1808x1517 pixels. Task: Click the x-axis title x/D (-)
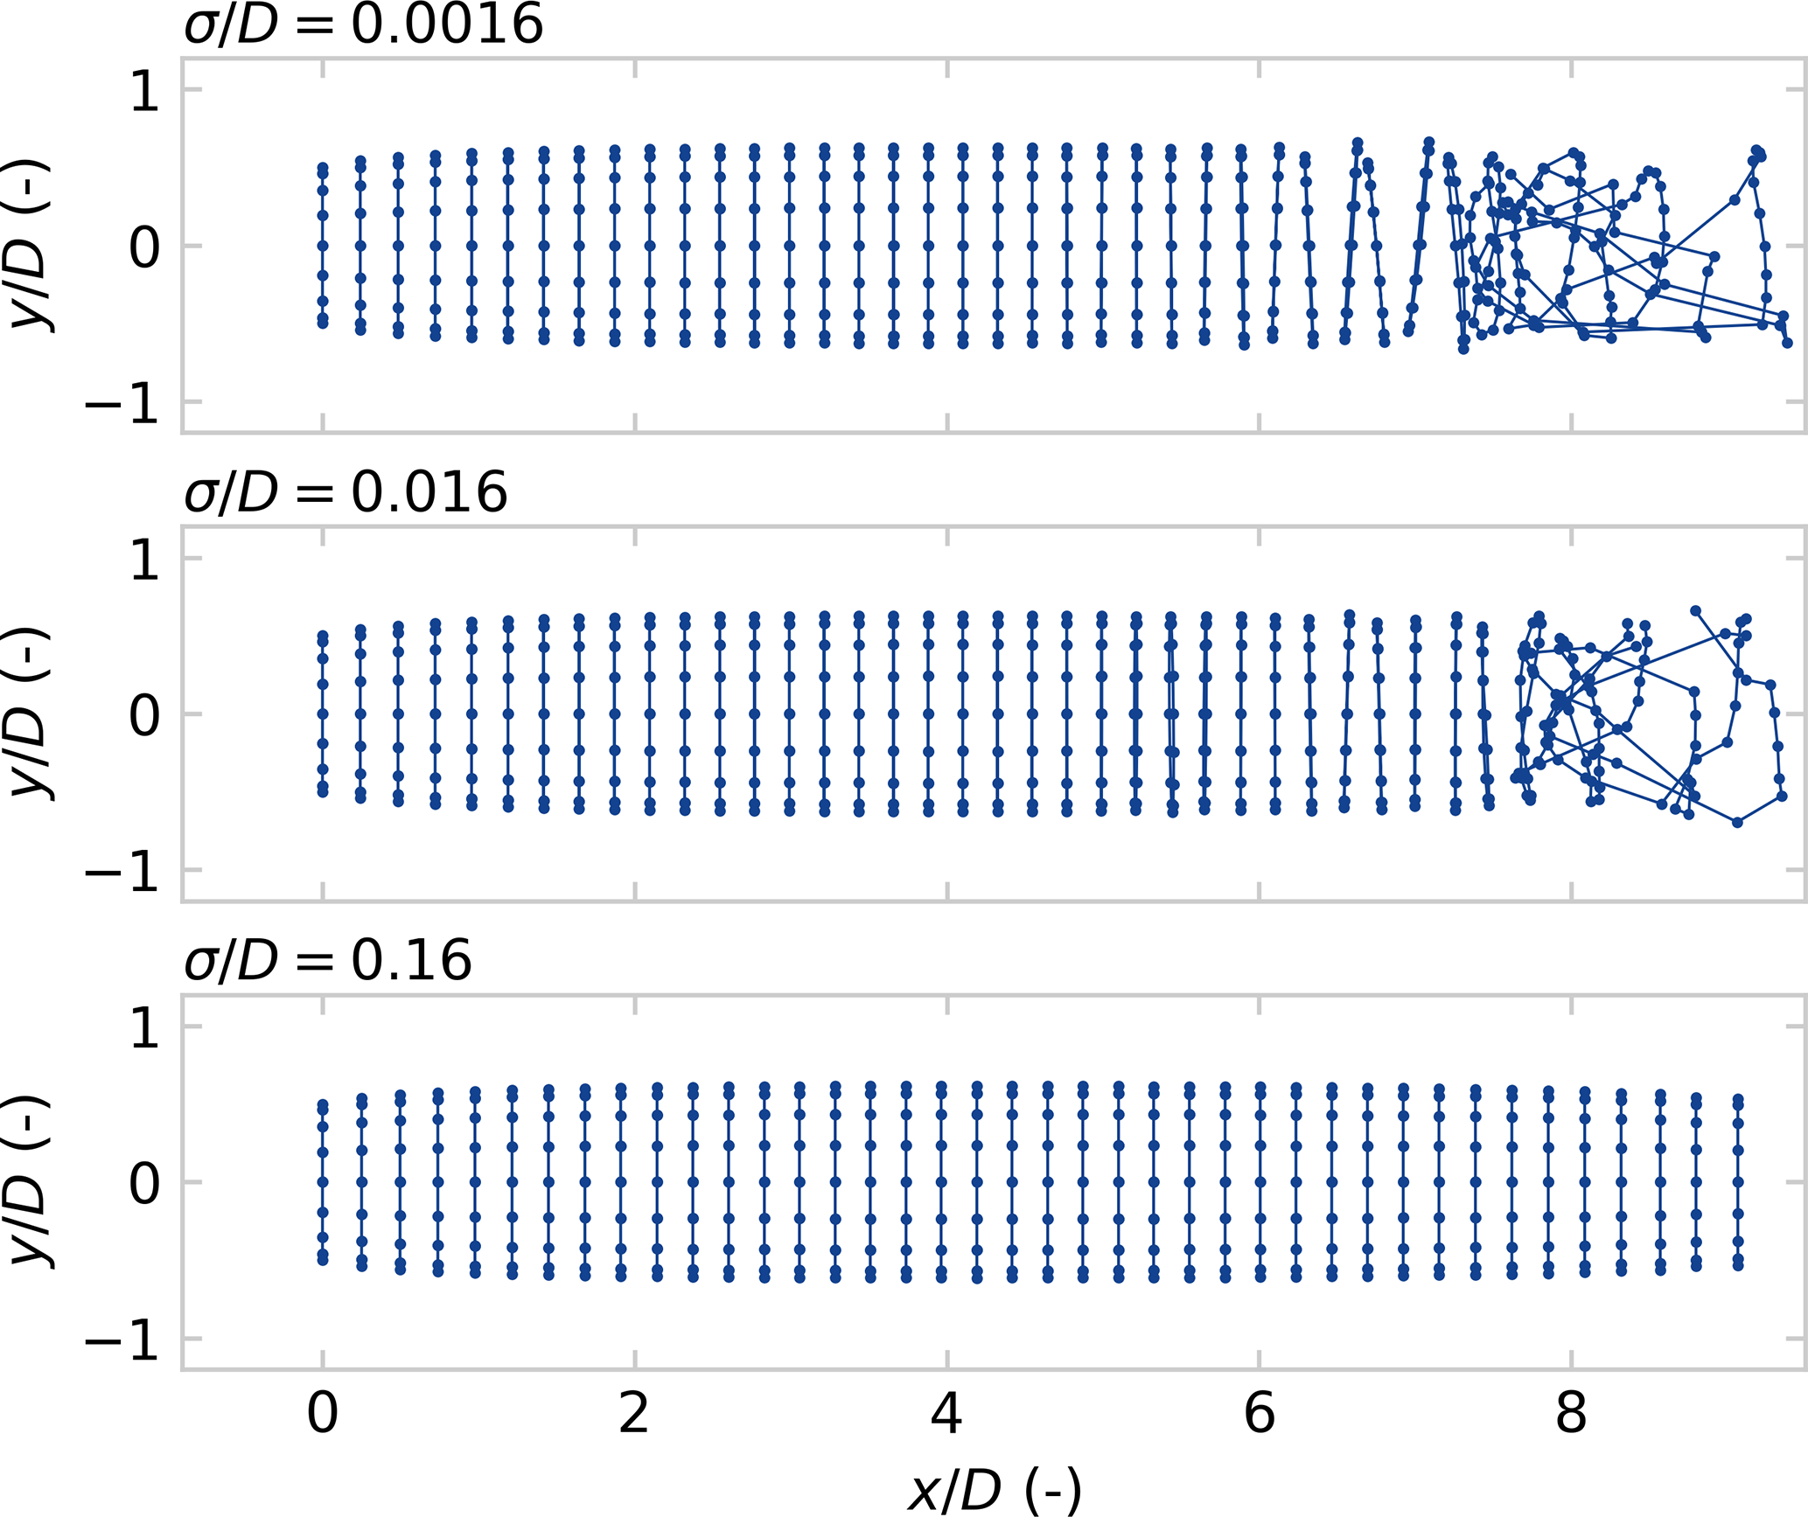(995, 1490)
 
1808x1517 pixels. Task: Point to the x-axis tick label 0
(322, 1413)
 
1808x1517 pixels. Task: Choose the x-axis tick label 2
(634, 1413)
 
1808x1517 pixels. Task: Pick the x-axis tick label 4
(946, 1413)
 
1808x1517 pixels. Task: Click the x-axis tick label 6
(1259, 1413)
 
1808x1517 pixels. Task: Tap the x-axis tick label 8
(1571, 1413)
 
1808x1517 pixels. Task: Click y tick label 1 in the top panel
(144, 90)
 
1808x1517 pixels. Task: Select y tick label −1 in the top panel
(122, 403)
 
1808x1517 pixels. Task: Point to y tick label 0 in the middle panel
(144, 714)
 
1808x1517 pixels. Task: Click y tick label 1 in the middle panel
(144, 559)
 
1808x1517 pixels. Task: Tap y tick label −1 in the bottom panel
(122, 1340)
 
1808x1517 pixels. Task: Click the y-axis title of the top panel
(31, 246)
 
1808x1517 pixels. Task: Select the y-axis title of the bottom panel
(31, 1182)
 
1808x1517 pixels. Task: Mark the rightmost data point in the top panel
(1787, 344)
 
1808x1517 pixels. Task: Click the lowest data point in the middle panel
(1737, 822)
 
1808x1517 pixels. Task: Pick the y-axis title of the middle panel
(31, 713)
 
